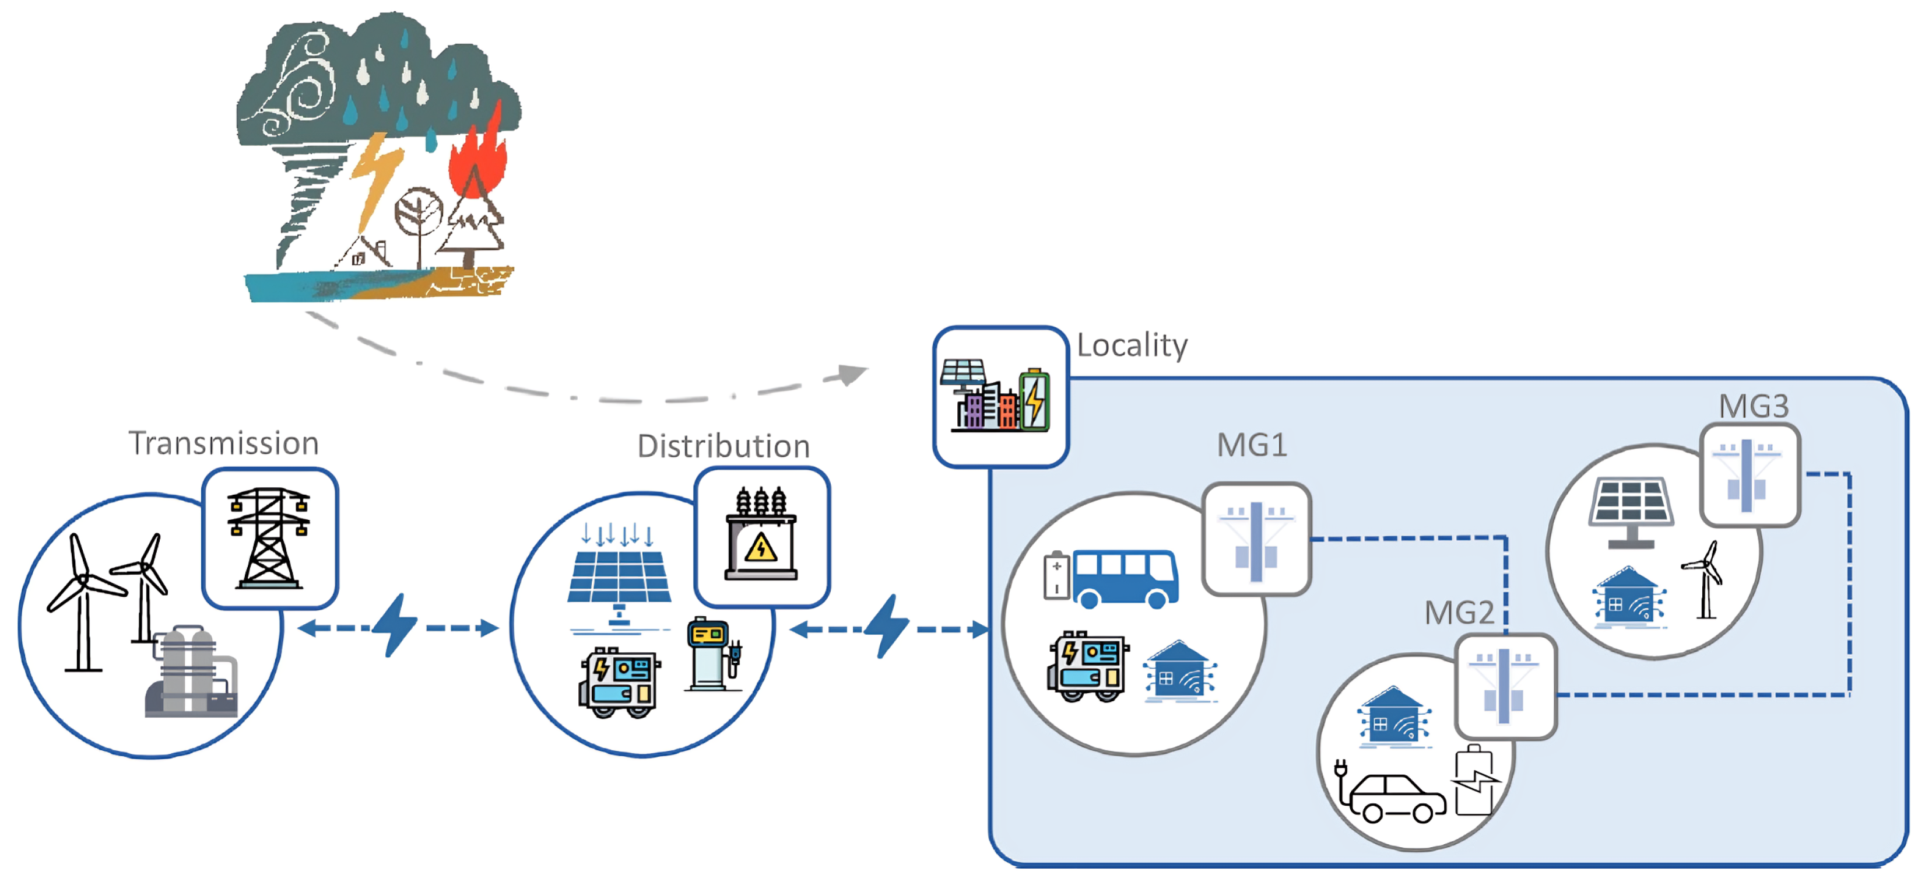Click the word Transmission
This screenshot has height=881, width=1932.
click(223, 443)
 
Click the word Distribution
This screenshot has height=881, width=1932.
click(723, 446)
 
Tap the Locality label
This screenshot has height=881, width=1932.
click(1131, 345)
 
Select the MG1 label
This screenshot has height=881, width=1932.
click(1251, 445)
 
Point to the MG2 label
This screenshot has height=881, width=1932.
click(1459, 613)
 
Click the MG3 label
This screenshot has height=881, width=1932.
click(1753, 406)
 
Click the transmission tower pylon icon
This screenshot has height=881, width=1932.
click(269, 537)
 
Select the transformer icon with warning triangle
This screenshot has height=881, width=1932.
click(761, 535)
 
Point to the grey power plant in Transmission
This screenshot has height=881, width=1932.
click(191, 673)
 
